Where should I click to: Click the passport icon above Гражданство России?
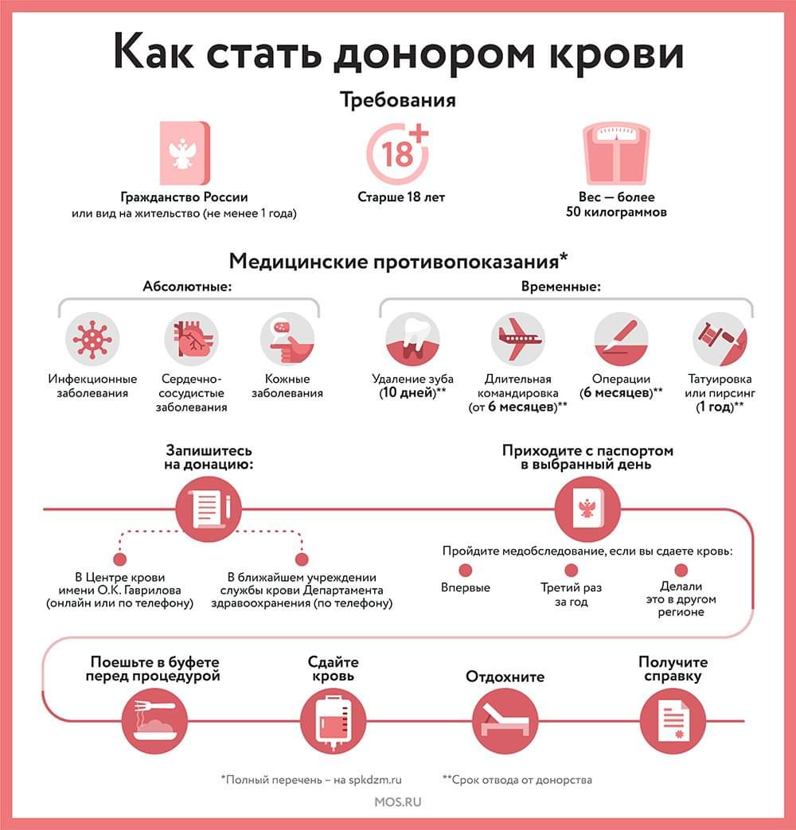pos(185,154)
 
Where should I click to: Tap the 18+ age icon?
pos(398,154)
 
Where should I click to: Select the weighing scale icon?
pos(616,154)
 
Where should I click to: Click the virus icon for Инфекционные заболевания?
pos(92,339)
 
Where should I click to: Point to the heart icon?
pos(191,339)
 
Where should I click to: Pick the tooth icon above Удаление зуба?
pos(412,339)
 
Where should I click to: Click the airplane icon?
pos(517,339)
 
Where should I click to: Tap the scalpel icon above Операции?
pos(621,339)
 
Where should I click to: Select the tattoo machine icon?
pos(720,339)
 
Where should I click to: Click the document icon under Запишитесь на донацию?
pos(208,509)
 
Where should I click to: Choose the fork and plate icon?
pos(154,721)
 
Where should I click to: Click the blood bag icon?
pos(333,721)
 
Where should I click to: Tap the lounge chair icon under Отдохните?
pos(505,721)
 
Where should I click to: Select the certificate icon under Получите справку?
pos(673,721)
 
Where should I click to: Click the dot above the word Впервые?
pos(466,570)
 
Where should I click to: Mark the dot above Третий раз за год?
pos(571,570)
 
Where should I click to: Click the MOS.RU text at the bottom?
pos(398,802)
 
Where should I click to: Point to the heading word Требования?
pos(398,100)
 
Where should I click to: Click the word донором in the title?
pos(435,53)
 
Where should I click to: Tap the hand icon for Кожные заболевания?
pos(287,339)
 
